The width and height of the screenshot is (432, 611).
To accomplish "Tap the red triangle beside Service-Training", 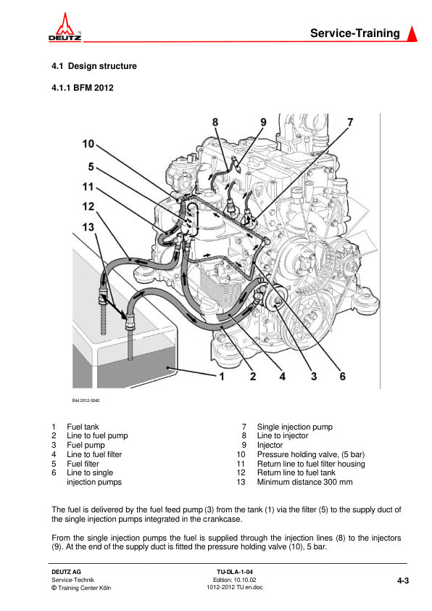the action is (412, 33).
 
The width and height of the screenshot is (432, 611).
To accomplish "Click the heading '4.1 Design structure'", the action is (94, 66).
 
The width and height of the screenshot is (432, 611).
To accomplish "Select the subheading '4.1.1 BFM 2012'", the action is (83, 88).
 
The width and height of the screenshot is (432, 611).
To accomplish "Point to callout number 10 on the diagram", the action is (88, 144).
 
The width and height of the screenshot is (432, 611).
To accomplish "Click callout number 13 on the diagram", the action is (88, 227).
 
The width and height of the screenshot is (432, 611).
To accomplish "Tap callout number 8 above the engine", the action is (215, 123).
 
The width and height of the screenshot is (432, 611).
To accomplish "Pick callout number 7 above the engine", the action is (350, 123).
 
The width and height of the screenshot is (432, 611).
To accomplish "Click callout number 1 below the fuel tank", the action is (222, 377).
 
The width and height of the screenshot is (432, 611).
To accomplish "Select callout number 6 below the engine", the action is (343, 377).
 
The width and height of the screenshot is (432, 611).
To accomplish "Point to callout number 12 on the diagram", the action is (88, 207).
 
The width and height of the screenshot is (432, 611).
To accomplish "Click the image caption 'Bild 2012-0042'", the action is (86, 401).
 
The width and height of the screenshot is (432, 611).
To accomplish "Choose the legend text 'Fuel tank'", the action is (83, 427).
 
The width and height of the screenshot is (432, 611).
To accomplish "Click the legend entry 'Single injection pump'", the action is (294, 427).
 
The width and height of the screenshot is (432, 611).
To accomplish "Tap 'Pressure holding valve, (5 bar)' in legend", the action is (310, 454).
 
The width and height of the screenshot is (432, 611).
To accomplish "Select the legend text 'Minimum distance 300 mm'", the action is (304, 482).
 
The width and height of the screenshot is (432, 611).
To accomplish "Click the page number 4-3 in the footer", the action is (403, 581).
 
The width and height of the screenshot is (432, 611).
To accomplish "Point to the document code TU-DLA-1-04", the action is (235, 572).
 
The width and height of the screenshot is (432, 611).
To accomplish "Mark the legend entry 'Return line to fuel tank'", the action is (296, 472).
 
